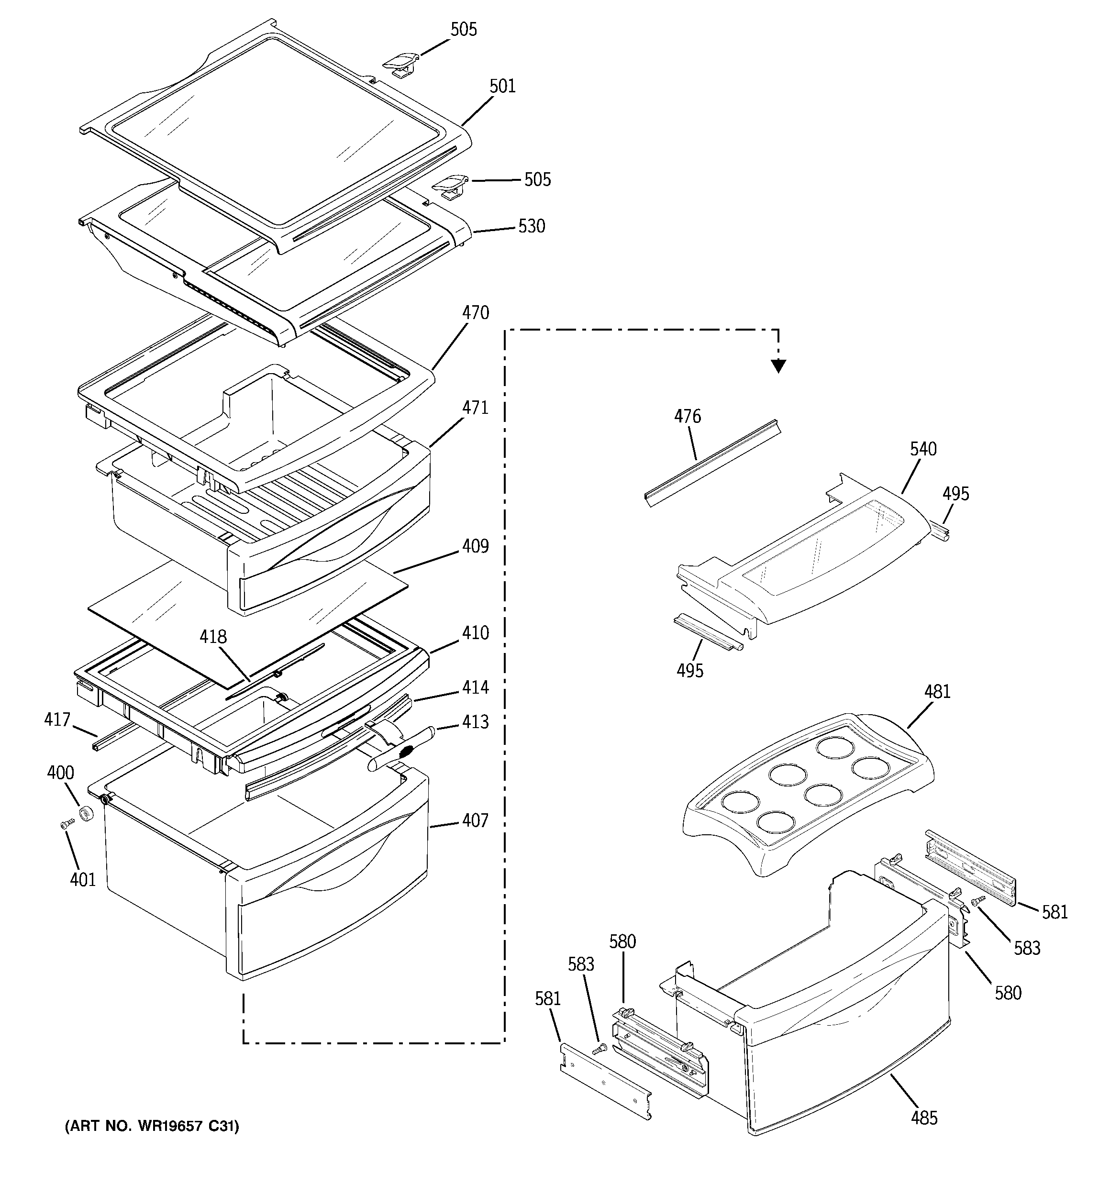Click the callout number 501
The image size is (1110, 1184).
point(502,87)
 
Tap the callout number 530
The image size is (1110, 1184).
point(532,226)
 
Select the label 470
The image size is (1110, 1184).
point(475,313)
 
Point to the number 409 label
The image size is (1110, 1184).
point(475,546)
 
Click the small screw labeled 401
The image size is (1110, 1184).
point(66,824)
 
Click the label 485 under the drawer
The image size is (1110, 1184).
point(924,1118)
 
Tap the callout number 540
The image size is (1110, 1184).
point(923,449)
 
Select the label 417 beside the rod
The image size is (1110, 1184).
point(57,720)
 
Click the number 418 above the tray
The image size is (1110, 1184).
point(213,637)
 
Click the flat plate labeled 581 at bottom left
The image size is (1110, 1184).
point(605,1082)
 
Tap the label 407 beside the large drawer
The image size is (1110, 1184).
point(475,821)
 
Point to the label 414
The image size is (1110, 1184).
point(475,687)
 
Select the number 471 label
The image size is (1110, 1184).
point(475,408)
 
